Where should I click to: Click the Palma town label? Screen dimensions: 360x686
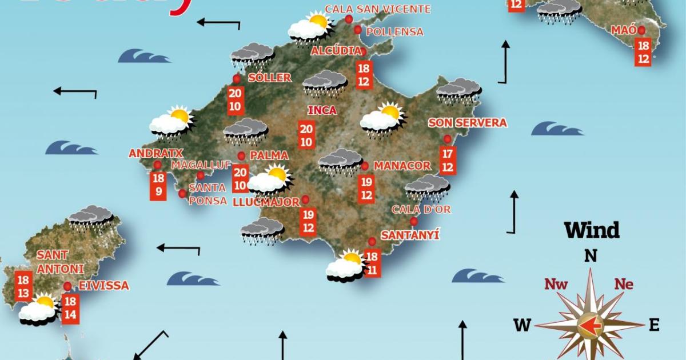click(269, 155)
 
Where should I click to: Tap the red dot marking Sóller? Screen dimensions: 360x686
click(237, 79)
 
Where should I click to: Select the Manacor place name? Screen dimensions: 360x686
click(401, 166)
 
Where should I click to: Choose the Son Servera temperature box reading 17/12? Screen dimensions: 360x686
click(448, 161)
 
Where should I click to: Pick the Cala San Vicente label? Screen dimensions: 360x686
click(377, 9)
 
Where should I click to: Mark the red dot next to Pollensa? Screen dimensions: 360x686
click(358, 30)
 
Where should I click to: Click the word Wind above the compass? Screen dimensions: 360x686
click(592, 230)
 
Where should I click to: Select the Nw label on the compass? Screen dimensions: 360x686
click(556, 284)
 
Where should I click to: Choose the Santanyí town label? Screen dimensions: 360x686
click(410, 235)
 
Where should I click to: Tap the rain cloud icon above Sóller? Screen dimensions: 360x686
click(252, 56)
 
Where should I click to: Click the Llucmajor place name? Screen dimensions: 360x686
click(266, 202)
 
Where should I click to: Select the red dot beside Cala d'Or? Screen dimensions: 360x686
click(414, 222)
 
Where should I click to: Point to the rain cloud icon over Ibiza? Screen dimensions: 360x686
click(90, 217)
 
